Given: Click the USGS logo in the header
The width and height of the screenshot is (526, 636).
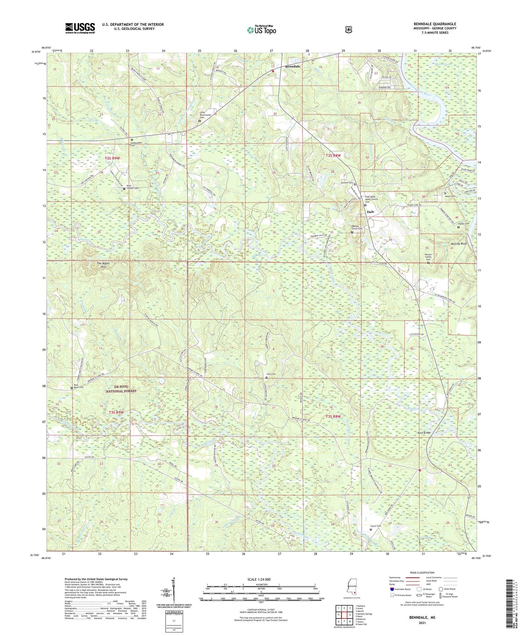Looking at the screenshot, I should click(80, 28).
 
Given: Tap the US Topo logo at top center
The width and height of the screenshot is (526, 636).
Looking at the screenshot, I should click(261, 30).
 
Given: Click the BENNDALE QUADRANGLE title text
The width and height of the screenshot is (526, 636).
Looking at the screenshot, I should click(435, 24).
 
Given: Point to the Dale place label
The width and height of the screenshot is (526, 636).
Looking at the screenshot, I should click(371, 212).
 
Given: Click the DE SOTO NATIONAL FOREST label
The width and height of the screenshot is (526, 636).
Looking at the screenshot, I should click(121, 389).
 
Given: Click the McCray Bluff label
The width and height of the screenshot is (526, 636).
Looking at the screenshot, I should click(458, 244).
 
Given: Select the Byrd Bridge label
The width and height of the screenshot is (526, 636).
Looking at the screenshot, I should click(423, 433).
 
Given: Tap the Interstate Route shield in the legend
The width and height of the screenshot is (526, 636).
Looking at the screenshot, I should click(392, 589).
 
